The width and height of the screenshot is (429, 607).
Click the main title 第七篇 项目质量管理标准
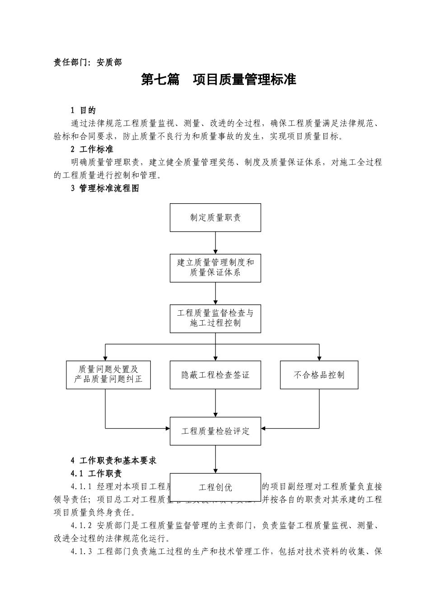coord(219,80)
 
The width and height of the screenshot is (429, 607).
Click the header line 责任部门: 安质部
coord(88,63)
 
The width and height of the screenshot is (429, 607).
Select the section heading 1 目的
coord(83,110)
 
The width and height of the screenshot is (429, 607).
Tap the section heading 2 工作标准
coord(92,149)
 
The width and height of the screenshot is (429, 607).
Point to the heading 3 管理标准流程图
coord(105,189)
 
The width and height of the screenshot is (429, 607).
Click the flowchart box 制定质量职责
coord(215,218)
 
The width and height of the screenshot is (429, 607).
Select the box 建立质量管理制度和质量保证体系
coord(215,268)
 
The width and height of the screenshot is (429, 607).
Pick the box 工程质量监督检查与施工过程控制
coord(215,318)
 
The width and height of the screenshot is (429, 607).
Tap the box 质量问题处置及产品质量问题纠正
coord(108,375)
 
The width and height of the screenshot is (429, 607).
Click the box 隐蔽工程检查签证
coord(215,375)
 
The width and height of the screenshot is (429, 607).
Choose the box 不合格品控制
coord(319,375)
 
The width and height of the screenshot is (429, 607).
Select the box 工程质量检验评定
coord(215,431)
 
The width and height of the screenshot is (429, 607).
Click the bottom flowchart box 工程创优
coord(215,487)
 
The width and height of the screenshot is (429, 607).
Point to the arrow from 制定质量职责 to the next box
coord(215,243)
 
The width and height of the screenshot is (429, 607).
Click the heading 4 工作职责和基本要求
coord(113,461)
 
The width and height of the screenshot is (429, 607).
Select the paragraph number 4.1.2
coord(81,526)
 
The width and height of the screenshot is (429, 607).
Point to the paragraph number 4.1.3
coord(81,552)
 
